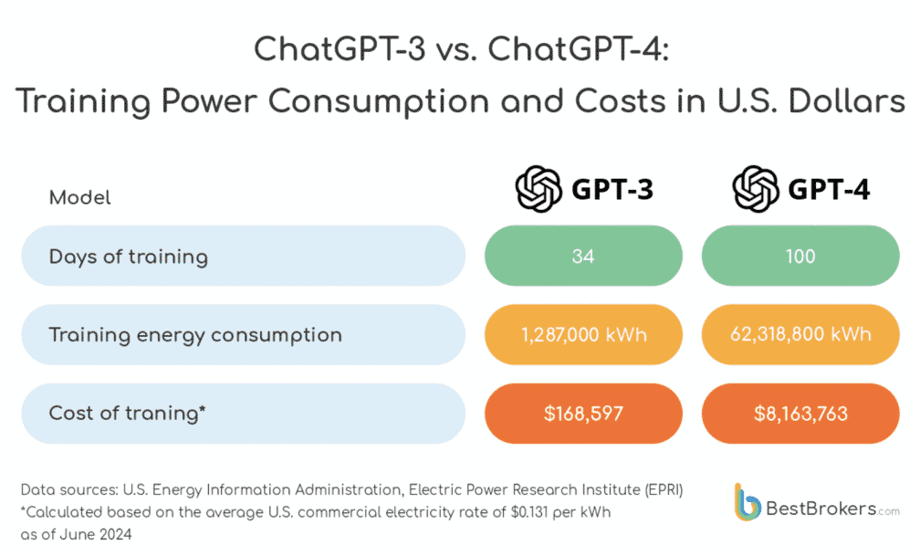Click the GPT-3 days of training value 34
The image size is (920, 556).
[583, 257]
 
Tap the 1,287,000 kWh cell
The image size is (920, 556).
[583, 334]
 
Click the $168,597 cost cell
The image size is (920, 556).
[583, 413]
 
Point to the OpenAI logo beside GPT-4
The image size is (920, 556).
[755, 189]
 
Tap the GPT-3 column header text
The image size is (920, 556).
[612, 190]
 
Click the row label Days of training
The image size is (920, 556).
[129, 257]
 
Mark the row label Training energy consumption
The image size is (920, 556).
[195, 334]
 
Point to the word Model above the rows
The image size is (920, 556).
[80, 197]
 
